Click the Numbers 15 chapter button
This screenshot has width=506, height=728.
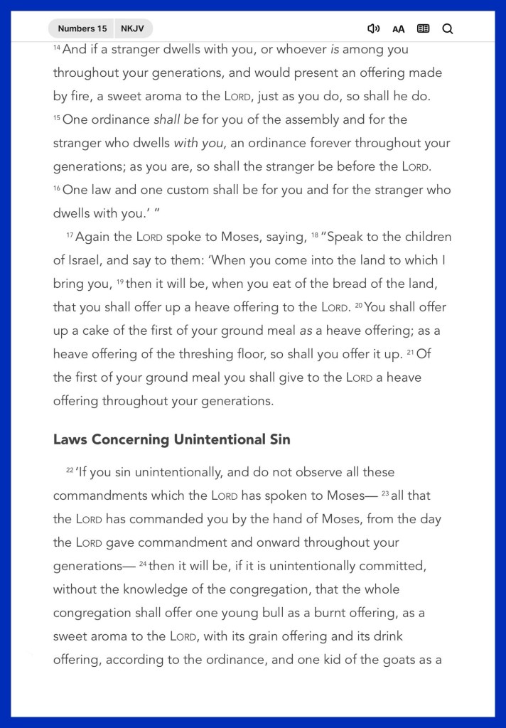pyautogui.click(x=82, y=28)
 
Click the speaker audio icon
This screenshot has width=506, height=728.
pyautogui.click(x=373, y=28)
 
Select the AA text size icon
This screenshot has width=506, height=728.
pyautogui.click(x=398, y=29)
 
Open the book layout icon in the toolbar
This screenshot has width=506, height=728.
pyautogui.click(x=423, y=28)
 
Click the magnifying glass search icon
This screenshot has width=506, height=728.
pyautogui.click(x=448, y=28)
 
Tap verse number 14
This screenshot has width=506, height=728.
pyautogui.click(x=57, y=48)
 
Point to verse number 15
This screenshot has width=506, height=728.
pyautogui.click(x=57, y=117)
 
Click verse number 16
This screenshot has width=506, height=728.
pyautogui.click(x=57, y=188)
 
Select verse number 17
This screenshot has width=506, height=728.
pyautogui.click(x=70, y=235)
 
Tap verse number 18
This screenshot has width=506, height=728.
pyautogui.click(x=315, y=235)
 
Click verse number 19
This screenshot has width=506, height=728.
pyautogui.click(x=119, y=282)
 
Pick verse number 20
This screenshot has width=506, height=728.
pyautogui.click(x=358, y=305)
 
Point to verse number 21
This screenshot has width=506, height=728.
pyautogui.click(x=411, y=352)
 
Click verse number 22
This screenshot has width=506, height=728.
pyautogui.click(x=70, y=470)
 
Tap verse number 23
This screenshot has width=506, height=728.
pyautogui.click(x=385, y=493)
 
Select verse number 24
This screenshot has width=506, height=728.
pyautogui.click(x=143, y=564)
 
